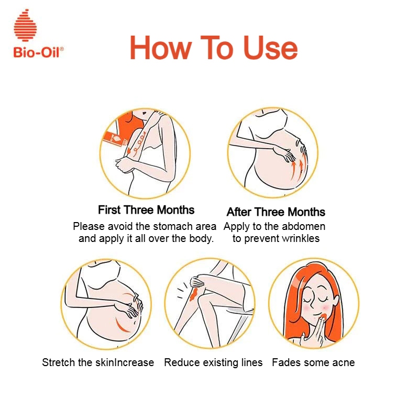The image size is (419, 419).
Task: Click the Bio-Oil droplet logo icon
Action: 25,25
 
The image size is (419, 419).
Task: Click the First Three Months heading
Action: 146,210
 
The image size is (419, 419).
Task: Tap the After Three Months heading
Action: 276,212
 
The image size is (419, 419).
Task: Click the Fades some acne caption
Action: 313,362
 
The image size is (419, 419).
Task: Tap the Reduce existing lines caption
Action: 213,362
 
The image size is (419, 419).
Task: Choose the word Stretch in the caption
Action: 59,362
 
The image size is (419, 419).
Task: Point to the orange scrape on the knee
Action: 193,294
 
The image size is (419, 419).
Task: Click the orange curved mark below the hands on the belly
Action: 122,325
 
